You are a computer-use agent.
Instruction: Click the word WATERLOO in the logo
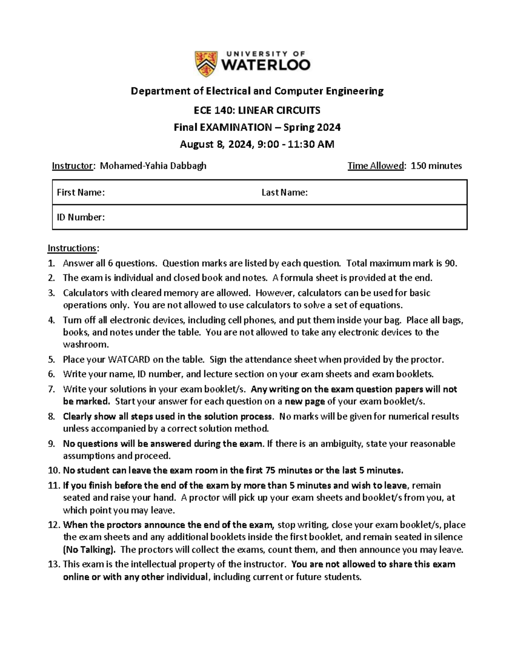266,66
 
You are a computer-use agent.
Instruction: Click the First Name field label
81,193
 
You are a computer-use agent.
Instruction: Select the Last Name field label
285,193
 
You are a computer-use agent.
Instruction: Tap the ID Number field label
81,217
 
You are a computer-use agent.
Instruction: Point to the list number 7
51,389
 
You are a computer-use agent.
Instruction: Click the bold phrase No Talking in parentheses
89,550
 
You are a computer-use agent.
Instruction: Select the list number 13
54,564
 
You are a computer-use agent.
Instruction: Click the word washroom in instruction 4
86,344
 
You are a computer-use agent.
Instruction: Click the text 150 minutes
436,166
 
